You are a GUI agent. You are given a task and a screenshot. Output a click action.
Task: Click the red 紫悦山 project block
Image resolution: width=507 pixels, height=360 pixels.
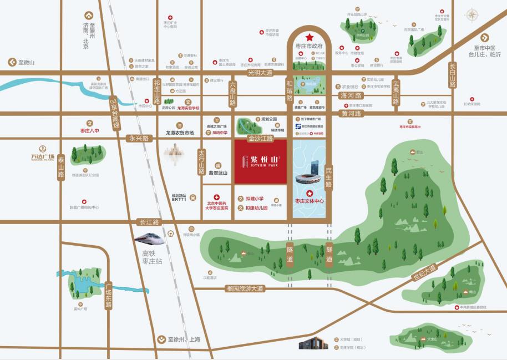pos(260,161)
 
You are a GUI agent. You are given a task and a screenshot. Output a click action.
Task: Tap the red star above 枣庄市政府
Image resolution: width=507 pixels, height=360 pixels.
pos(309,37)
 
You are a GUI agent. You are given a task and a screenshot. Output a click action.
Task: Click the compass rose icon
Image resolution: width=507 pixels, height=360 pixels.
pos(472,15)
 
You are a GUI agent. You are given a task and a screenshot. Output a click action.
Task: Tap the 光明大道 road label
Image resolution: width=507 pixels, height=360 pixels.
pos(260,73)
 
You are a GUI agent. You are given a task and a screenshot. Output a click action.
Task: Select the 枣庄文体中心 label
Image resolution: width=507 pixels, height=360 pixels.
pos(310,201)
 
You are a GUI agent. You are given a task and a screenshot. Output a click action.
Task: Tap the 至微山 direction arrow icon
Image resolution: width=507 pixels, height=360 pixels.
pos(11,63)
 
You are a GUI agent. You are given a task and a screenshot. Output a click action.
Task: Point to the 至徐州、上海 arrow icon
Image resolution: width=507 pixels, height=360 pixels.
pos(161,339)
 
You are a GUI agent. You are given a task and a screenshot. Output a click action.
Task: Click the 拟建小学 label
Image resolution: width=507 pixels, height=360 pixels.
pos(254,198)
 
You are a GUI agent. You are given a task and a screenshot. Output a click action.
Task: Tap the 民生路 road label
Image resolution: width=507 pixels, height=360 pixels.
pos(328,178)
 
